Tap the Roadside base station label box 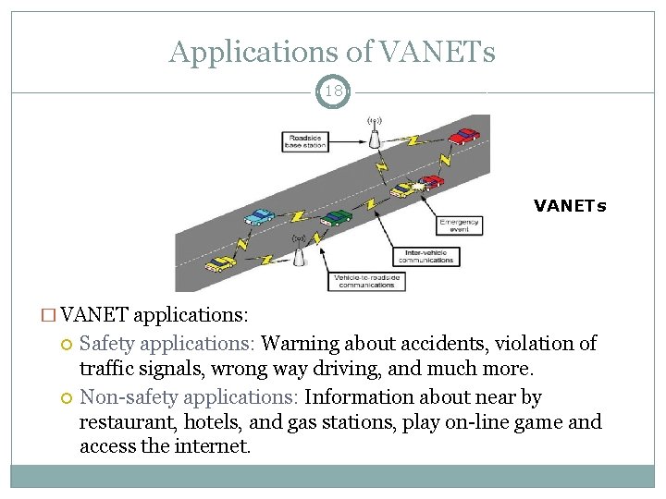point(305,141)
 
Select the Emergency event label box point(460,225)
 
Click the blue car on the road point(260,216)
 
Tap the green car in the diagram point(338,217)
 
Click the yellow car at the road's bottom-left point(220,263)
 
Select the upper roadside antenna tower point(375,135)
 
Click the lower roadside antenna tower point(299,251)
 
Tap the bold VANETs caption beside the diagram point(570,206)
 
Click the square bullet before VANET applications point(62,315)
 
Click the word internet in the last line point(216,447)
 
